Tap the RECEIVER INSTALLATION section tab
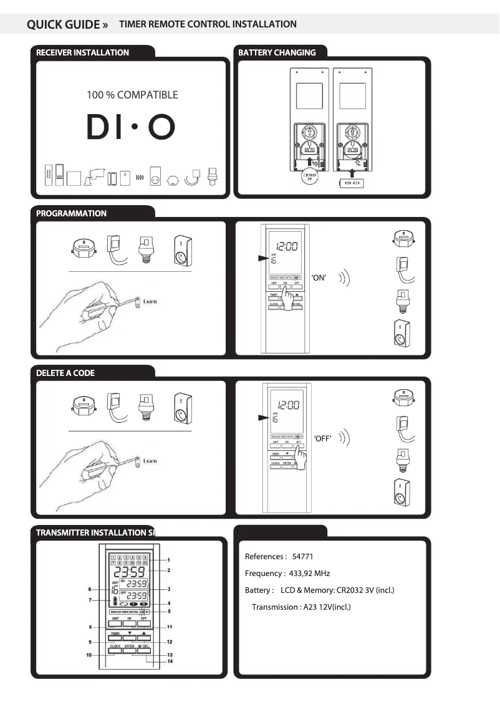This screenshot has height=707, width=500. [82, 53]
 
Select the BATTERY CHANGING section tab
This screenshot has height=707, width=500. [277, 53]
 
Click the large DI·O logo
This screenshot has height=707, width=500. [132, 127]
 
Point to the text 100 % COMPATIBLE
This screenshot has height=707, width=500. [132, 95]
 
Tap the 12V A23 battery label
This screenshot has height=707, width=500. [350, 183]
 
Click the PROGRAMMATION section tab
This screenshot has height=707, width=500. [71, 213]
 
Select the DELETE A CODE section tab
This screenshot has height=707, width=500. [65, 373]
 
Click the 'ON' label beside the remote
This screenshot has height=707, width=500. [319, 278]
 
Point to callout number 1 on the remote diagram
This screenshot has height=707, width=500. [169, 560]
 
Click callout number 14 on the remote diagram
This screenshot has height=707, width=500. [169, 661]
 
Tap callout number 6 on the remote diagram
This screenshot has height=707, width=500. [90, 589]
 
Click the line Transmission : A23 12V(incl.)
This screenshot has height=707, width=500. [301, 607]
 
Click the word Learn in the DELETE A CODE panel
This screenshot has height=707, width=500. [150, 461]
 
